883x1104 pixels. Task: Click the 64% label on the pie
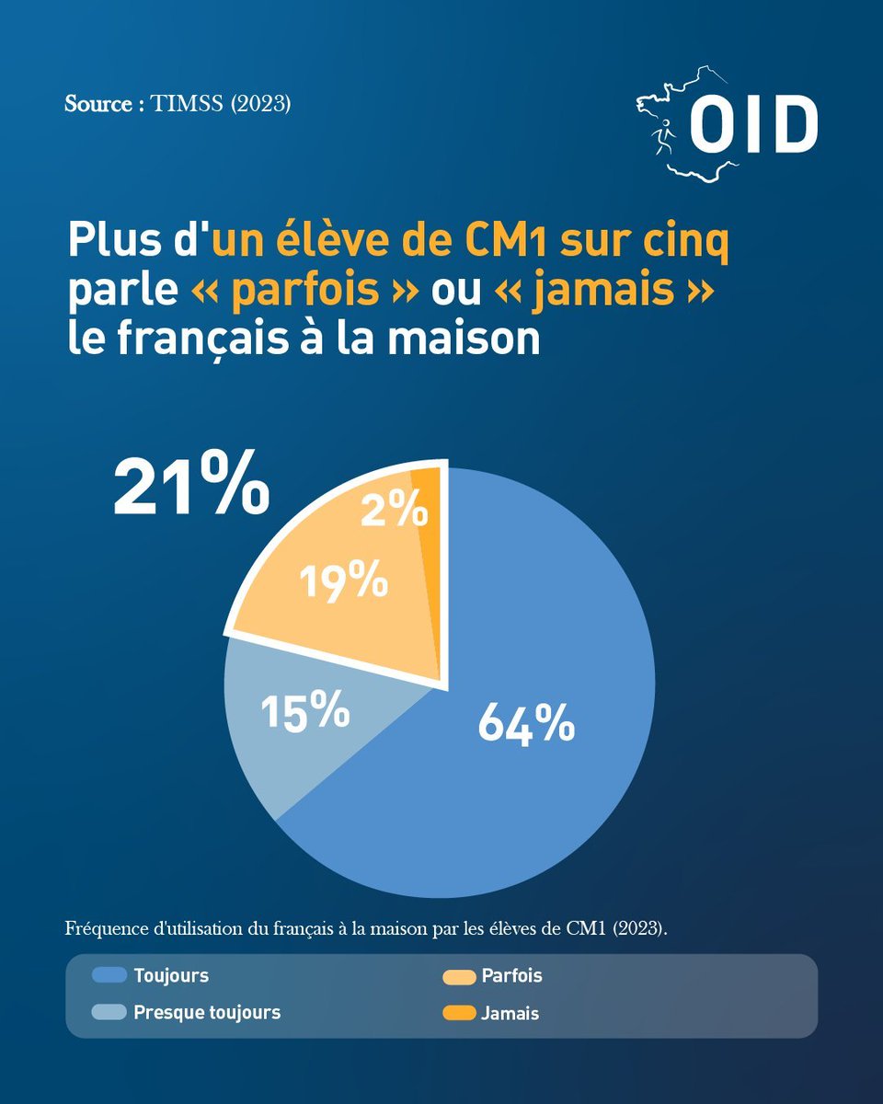pos(526,723)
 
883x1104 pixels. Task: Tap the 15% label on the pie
pos(305,709)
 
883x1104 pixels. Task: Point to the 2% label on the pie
pos(394,508)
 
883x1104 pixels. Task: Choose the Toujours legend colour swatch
pos(109,974)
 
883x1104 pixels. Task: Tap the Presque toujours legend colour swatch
pos(109,1012)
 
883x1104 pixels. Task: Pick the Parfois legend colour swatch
pos(459,976)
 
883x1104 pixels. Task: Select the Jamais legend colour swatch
pos(459,1013)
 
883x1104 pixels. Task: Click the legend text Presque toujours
pos(207,1013)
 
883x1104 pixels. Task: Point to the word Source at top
pos(98,104)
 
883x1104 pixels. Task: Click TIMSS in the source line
pos(187,104)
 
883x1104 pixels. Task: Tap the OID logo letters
pos(753,123)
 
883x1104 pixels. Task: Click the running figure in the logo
pos(663,137)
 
